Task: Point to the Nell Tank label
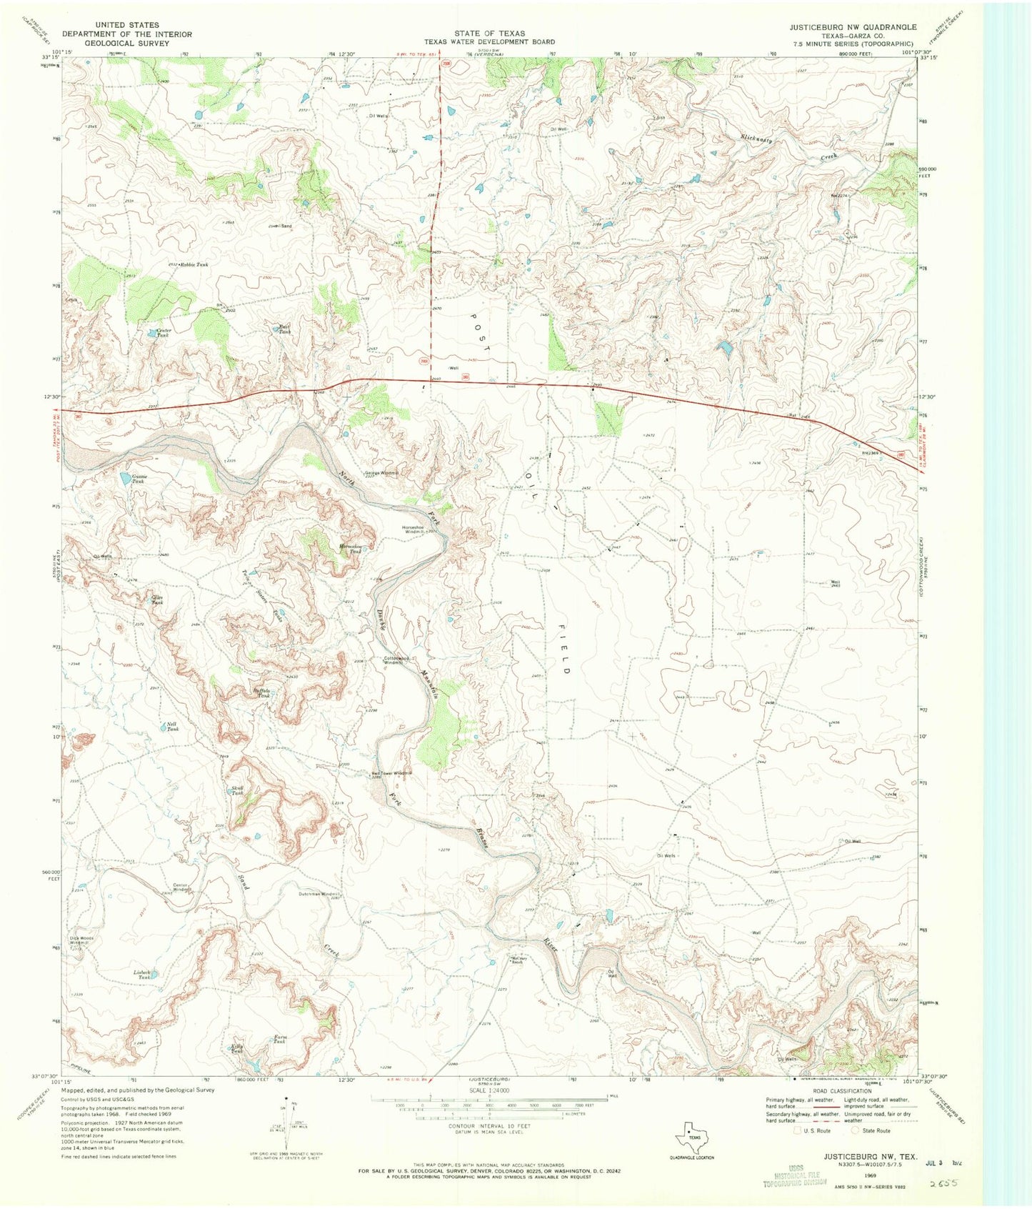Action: [x=172, y=726]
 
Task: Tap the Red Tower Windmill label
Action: [x=392, y=773]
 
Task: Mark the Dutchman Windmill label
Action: [x=319, y=894]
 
